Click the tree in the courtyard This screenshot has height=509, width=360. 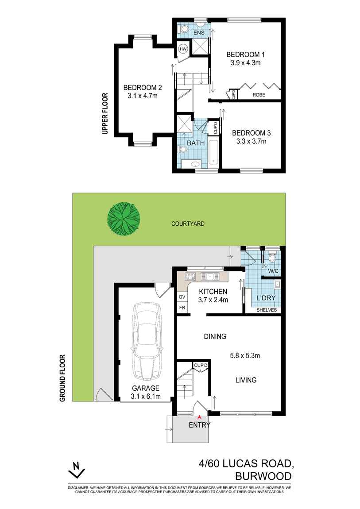(x=124, y=218)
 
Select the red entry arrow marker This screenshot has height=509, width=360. (x=200, y=416)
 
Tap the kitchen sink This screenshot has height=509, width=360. (x=210, y=277)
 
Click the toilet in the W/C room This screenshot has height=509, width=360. (x=272, y=257)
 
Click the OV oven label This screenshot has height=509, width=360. (x=182, y=297)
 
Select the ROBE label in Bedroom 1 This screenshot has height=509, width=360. (x=259, y=95)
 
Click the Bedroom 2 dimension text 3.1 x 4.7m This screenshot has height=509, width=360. (x=140, y=95)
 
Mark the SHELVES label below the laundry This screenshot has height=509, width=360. (x=267, y=310)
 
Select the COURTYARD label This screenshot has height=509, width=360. (x=188, y=224)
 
